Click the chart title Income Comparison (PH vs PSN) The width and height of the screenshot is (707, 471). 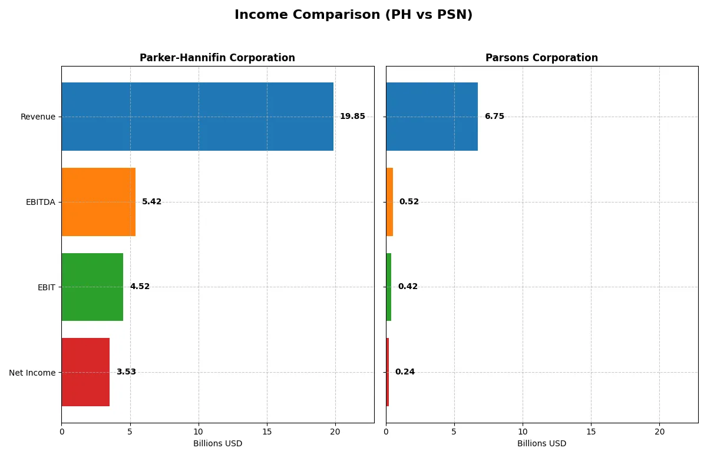click(353, 15)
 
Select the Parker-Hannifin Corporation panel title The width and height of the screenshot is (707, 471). click(217, 58)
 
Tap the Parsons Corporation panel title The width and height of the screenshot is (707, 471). click(541, 58)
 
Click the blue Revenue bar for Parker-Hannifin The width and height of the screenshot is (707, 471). click(197, 117)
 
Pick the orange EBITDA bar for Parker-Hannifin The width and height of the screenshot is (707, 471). click(98, 202)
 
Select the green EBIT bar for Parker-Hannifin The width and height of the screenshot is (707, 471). click(92, 287)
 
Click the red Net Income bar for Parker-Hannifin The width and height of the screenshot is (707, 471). click(85, 372)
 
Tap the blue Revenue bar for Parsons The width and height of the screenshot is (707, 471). click(432, 117)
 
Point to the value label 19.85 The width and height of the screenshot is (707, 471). click(352, 117)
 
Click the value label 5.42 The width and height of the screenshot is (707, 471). click(151, 202)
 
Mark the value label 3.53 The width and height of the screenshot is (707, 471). click(126, 372)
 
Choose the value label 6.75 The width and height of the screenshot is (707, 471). click(494, 117)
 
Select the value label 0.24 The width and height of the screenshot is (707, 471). click(405, 372)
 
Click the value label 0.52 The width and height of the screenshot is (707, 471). click(409, 202)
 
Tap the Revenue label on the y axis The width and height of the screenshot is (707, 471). click(38, 117)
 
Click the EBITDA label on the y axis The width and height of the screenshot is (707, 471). click(40, 202)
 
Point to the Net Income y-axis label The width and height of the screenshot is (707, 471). click(32, 372)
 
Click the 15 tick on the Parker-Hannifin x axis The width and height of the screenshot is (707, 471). click(267, 432)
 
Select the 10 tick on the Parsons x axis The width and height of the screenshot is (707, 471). click(523, 432)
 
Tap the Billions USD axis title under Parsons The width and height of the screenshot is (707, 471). click(541, 444)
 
